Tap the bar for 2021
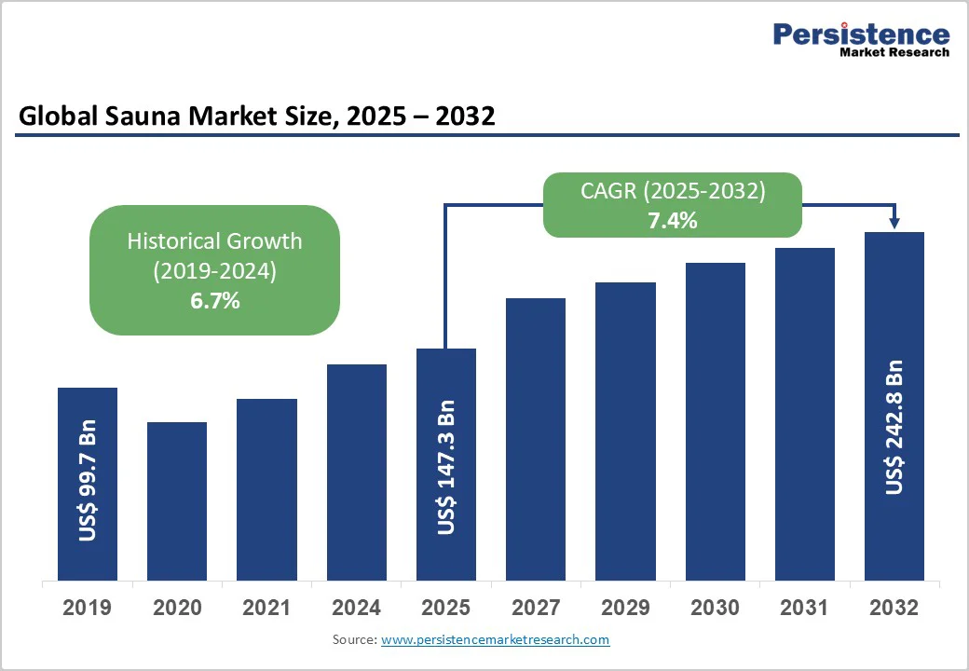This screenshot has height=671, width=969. tap(266, 489)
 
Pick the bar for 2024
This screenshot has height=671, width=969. tap(356, 472)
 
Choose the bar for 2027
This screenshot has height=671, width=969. tap(536, 439)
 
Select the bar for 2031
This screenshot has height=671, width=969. tap(805, 414)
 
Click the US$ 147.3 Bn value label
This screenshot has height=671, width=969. tap(446, 468)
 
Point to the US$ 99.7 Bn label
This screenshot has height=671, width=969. tap(88, 485)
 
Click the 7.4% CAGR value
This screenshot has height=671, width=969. tap(673, 221)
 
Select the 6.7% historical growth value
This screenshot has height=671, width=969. tap(214, 300)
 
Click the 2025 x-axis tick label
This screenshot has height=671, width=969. tap(445, 608)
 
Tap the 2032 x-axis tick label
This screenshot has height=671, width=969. tap(894, 608)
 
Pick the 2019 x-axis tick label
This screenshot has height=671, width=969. tap(87, 608)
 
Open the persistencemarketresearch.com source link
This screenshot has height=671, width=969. tap(495, 640)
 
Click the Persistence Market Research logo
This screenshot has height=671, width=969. tap(861, 39)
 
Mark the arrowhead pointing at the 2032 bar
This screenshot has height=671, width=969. tap(894, 223)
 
